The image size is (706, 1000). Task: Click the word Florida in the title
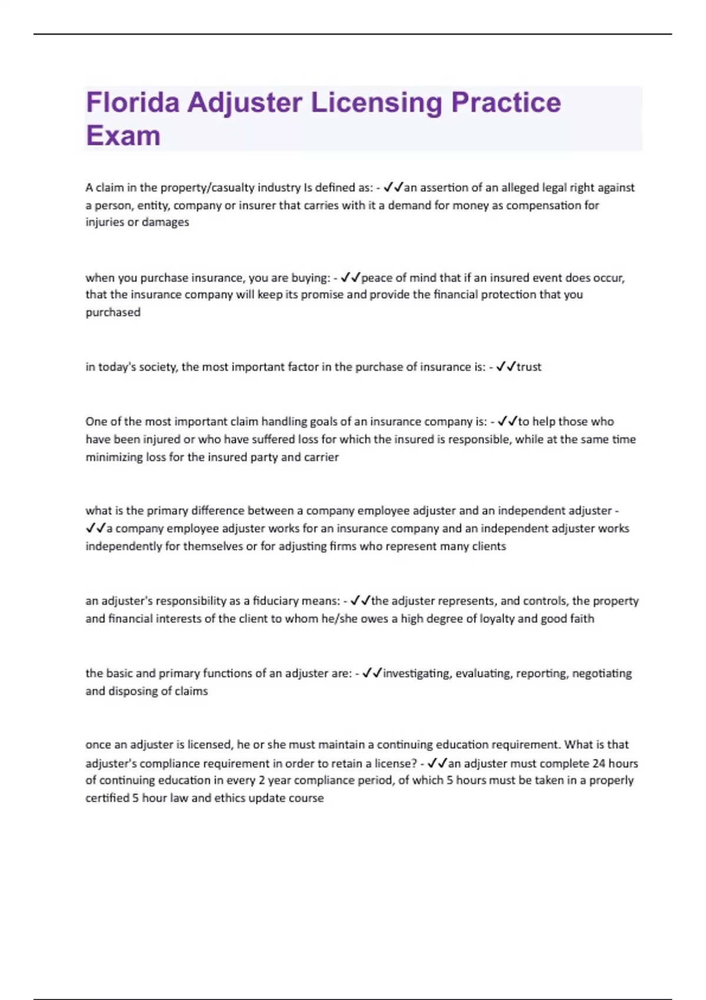[132, 102]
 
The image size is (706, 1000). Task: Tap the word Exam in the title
[123, 136]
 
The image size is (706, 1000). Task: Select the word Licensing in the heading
[376, 104]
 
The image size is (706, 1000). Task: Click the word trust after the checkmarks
[529, 367]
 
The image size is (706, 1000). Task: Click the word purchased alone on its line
[113, 312]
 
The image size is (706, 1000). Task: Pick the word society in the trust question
[156, 367]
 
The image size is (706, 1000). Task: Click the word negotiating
[602, 674]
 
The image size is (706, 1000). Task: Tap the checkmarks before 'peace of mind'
[351, 278]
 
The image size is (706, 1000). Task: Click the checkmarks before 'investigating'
[372, 673]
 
